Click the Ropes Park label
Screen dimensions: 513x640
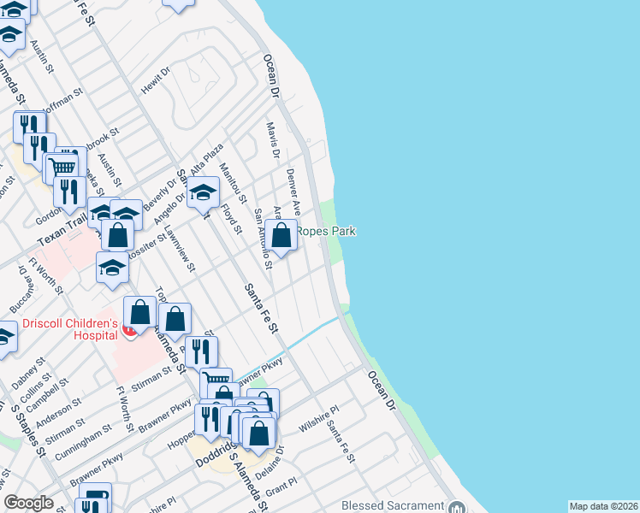click(326, 231)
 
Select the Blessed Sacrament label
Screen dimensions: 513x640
click(393, 505)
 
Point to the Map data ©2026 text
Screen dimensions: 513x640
click(603, 506)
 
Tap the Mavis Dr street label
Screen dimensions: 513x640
click(273, 141)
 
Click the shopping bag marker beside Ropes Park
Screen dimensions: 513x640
click(281, 235)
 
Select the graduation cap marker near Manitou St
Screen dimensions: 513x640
click(204, 192)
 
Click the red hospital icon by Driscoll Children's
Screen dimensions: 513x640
click(129, 329)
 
